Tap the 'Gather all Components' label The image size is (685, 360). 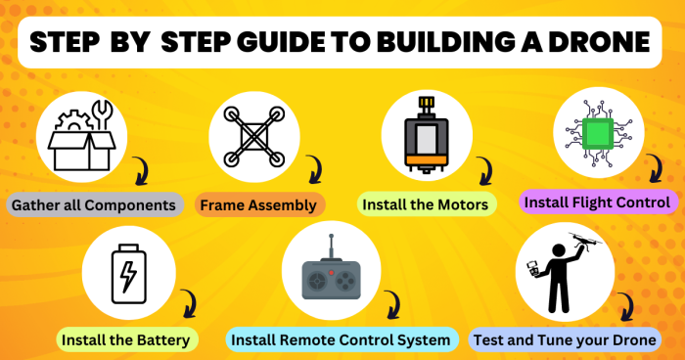point(94,205)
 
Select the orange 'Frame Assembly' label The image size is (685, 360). point(259,205)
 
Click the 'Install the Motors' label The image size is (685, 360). point(427,205)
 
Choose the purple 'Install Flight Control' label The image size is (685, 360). point(597,202)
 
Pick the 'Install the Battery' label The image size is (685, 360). point(127,339)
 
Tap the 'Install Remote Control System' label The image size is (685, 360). point(342,339)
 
